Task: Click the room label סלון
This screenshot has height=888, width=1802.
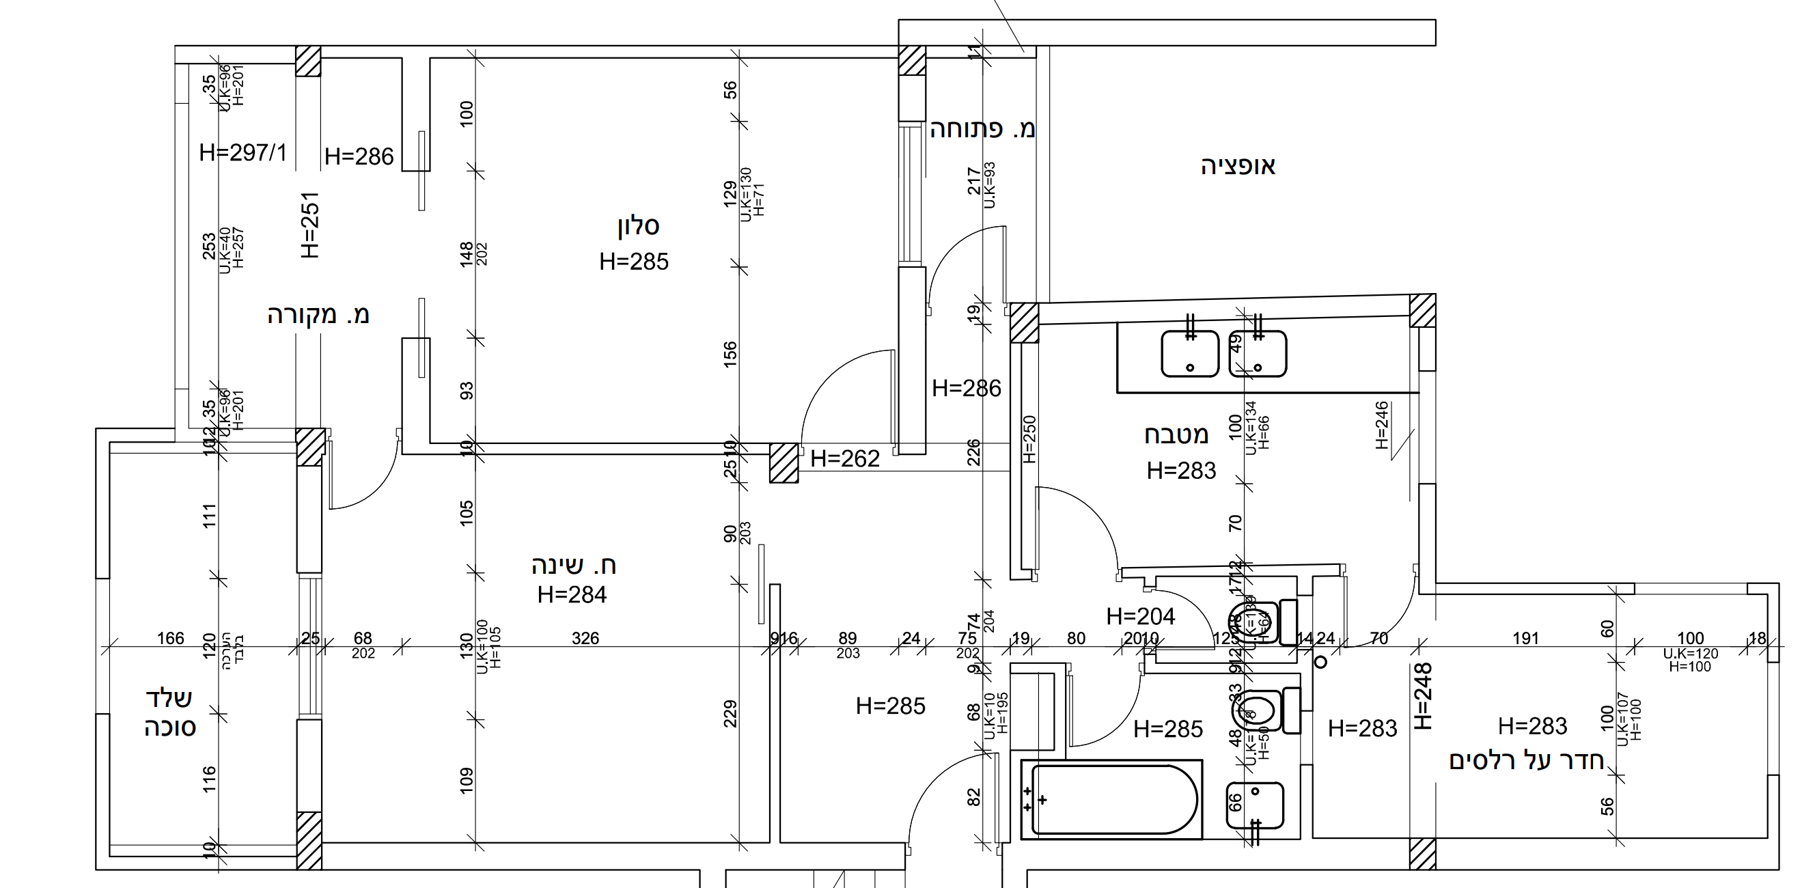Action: [638, 226]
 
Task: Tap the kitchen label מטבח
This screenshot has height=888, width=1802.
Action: [1176, 434]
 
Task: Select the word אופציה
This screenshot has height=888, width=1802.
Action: [1238, 167]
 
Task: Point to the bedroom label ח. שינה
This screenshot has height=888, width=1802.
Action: [574, 565]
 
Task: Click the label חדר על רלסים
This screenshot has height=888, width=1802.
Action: [1527, 760]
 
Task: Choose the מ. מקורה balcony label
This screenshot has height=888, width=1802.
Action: [318, 315]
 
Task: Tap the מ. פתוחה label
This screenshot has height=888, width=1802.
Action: [982, 128]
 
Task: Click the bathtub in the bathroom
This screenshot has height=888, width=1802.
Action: [1112, 799]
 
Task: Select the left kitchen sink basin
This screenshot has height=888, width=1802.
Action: [1190, 354]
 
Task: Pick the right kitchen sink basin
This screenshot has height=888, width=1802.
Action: [1258, 354]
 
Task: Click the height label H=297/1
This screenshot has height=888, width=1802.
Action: [242, 152]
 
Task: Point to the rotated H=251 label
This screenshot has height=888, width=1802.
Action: [310, 225]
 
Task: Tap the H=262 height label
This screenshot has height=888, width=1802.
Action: [845, 459]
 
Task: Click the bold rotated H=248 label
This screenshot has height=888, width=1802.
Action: [1424, 696]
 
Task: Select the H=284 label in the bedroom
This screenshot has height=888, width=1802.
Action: [572, 595]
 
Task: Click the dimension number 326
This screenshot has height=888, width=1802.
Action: [585, 638]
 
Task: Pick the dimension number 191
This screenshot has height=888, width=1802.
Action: [1525, 638]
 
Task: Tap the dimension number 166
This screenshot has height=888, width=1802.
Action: [171, 638]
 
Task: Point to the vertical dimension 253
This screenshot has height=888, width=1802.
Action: [209, 247]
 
